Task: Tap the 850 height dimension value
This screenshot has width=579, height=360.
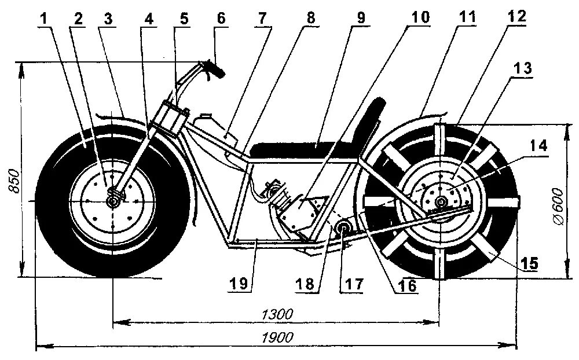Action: (x=16, y=181)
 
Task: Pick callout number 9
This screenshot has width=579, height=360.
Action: (x=360, y=18)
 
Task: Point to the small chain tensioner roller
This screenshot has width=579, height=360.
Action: (x=343, y=227)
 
